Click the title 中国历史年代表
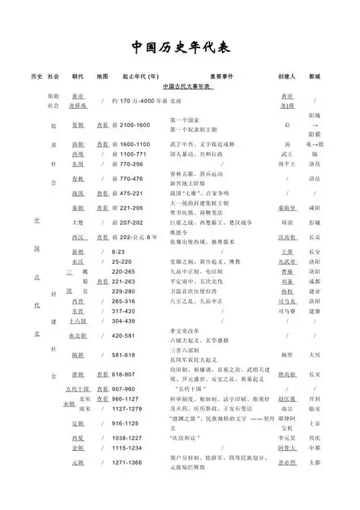coord(181,48)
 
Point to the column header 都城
coord(315,76)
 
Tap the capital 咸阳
coord(315,209)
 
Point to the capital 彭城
coord(315,223)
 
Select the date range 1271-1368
coord(129,462)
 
